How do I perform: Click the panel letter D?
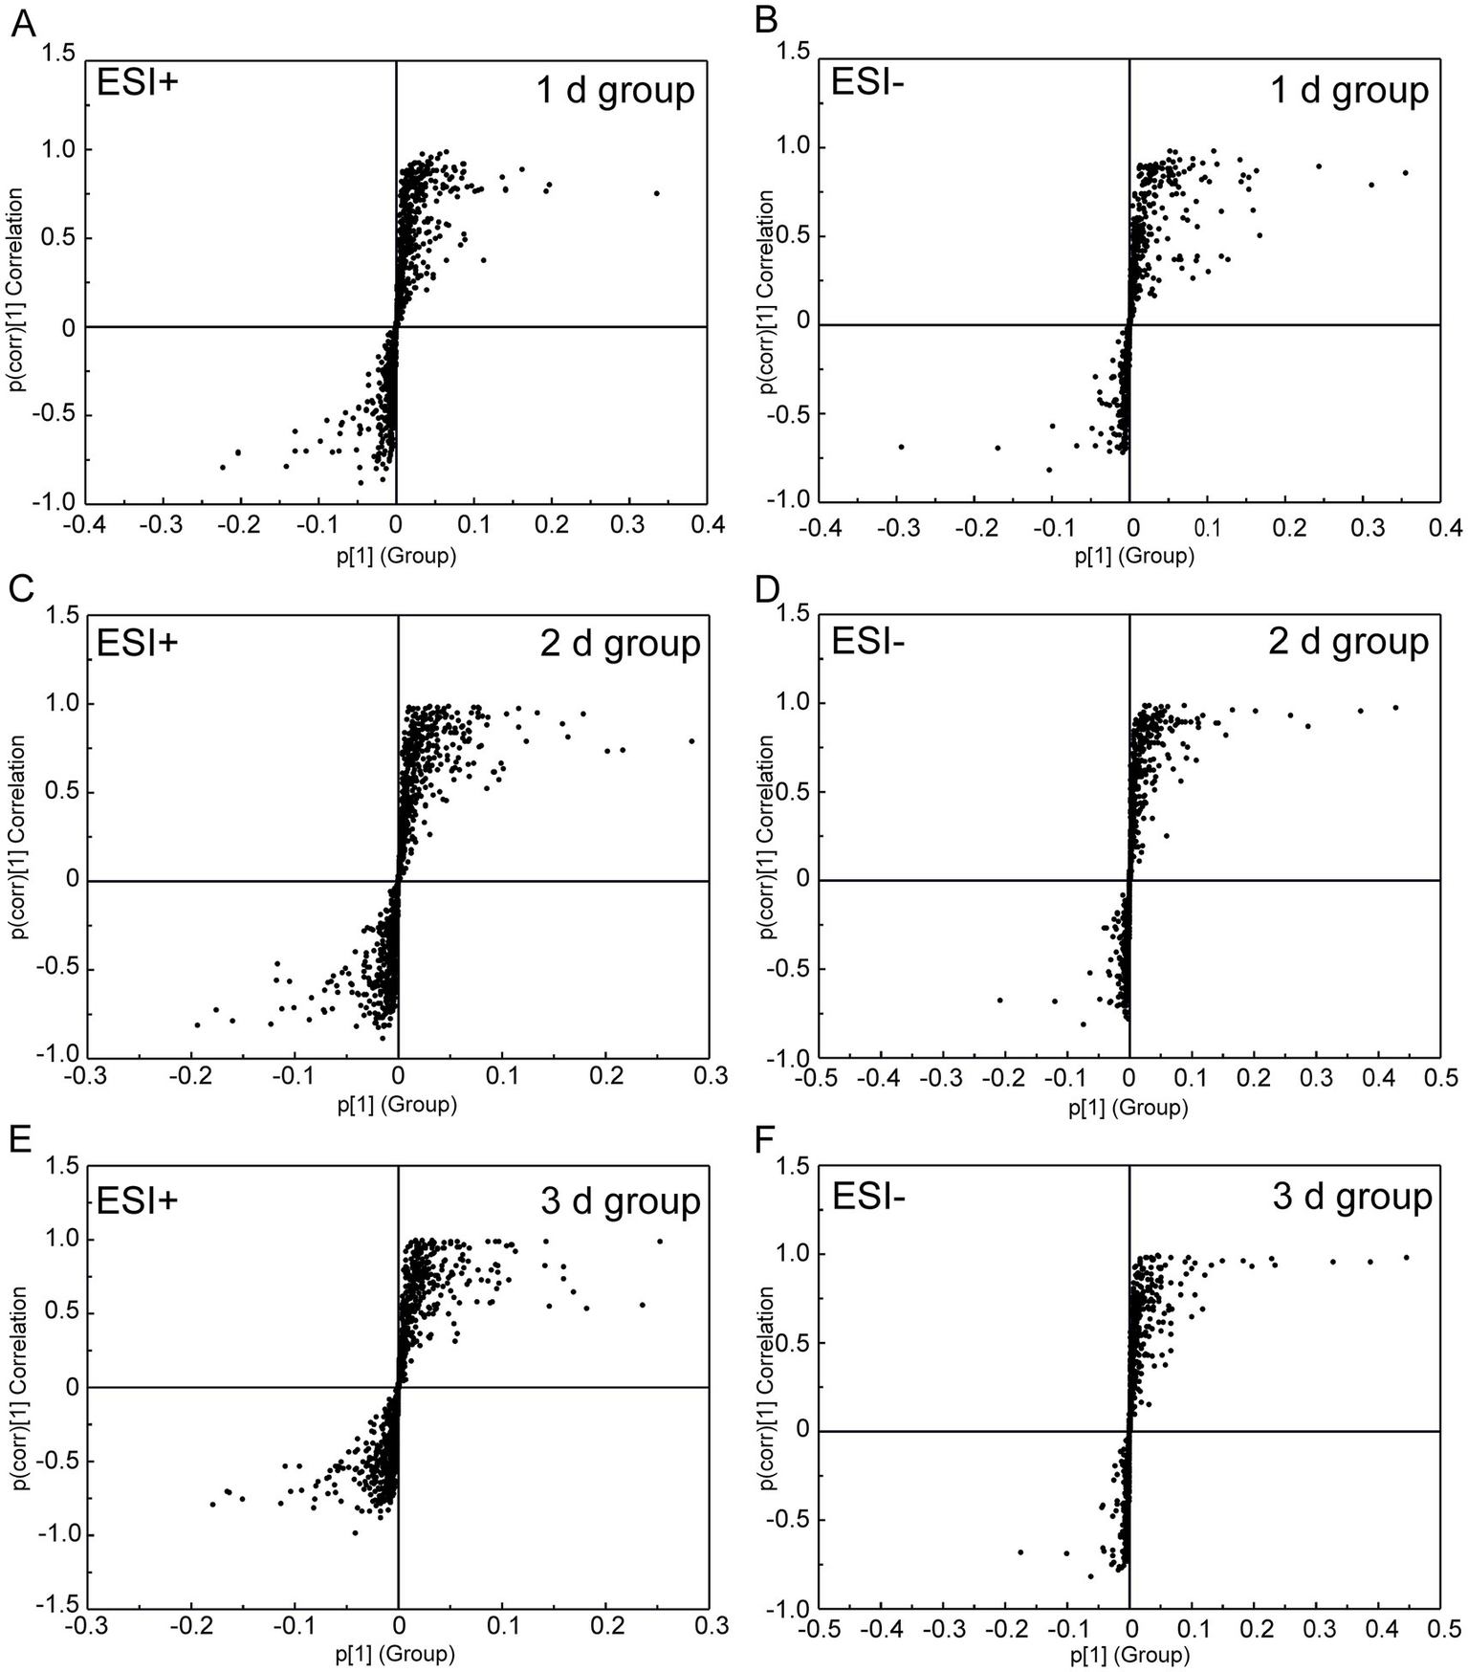point(767,590)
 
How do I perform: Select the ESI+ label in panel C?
point(138,643)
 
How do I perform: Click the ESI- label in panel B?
point(868,83)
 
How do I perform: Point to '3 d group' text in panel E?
point(620,1201)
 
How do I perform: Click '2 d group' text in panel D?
point(1347,641)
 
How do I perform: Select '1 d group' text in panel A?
point(614,90)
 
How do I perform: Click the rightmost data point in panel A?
point(657,193)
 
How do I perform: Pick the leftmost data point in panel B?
point(901,447)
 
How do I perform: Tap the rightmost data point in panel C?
point(691,740)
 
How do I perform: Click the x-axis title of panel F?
point(1129,1656)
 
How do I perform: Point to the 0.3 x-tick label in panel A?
point(628,525)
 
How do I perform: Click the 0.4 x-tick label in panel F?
point(1377,1628)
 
